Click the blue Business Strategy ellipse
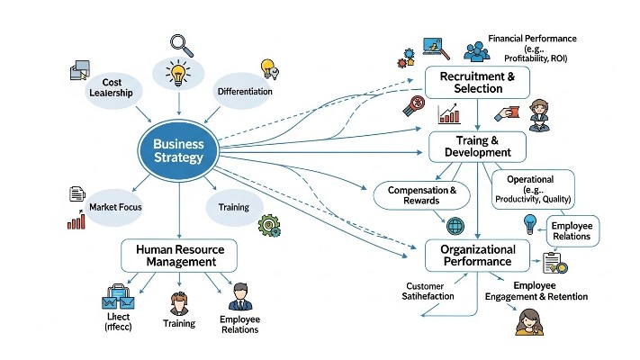coord(179,150)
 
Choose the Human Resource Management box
coord(179,255)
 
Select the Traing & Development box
coord(476,147)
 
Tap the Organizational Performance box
coord(477,256)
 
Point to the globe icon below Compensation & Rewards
coord(455,226)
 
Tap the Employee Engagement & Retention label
coord(536,292)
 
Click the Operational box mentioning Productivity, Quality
coord(534,189)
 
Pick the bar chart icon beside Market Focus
coord(77,220)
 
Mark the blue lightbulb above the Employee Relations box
coord(530,223)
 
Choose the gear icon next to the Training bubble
coord(268,225)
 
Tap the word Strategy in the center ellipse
coord(179,159)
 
